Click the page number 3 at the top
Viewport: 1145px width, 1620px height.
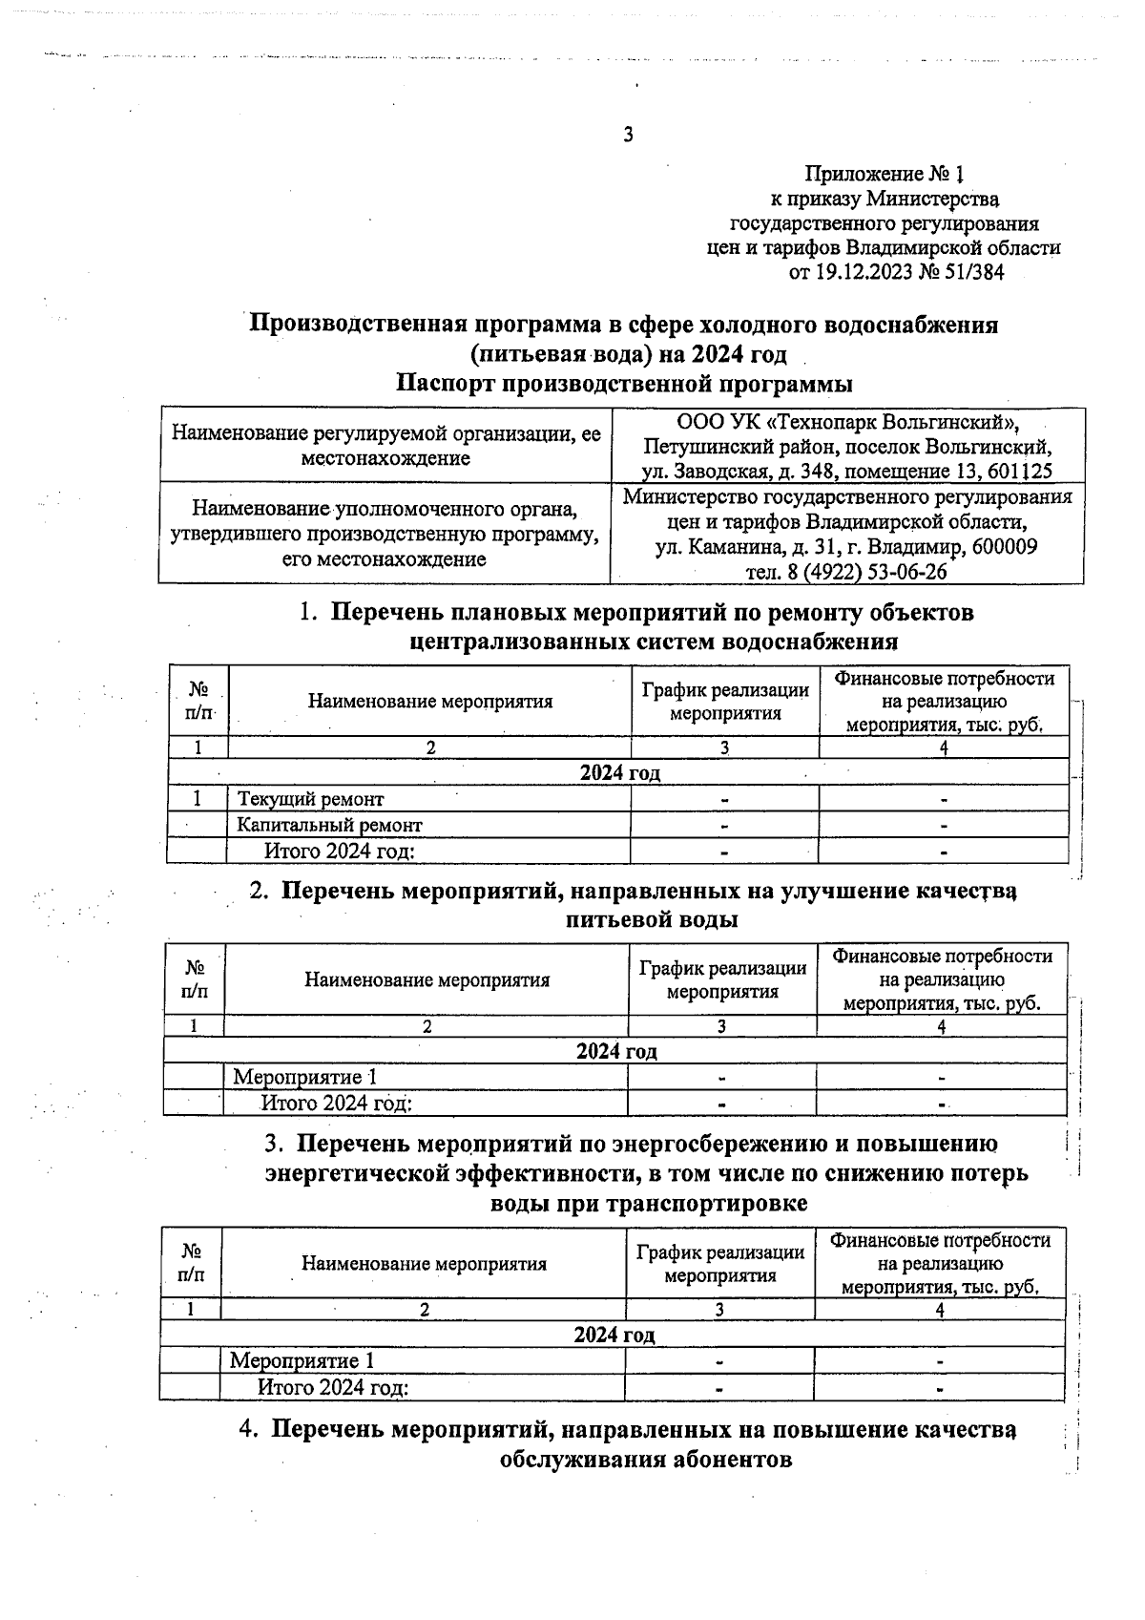(628, 135)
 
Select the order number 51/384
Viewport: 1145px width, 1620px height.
(969, 274)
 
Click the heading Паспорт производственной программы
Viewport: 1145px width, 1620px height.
(624, 385)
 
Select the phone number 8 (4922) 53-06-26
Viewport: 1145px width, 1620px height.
(847, 572)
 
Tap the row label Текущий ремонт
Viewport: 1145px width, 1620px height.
(310, 799)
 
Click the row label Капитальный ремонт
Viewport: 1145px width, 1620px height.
(329, 825)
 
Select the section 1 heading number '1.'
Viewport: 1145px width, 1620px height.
(308, 613)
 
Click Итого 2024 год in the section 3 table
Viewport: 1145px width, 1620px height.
(333, 1387)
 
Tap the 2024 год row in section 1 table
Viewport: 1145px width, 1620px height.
(619, 772)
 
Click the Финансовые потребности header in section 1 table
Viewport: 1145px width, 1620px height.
(944, 679)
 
